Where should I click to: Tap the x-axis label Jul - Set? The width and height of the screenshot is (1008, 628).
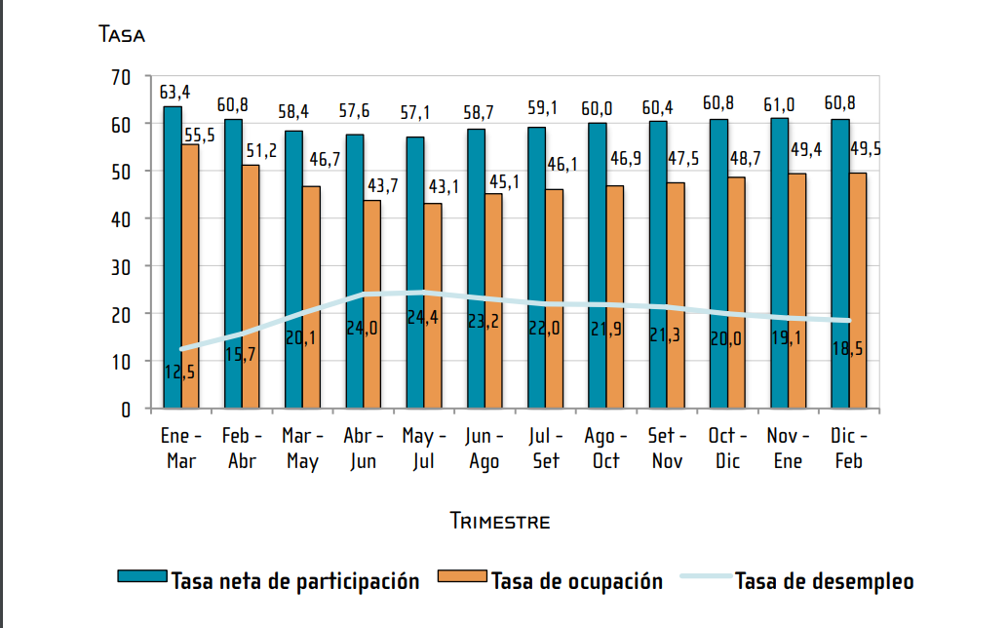[x=546, y=449]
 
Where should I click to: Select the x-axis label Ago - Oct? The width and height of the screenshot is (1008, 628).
[x=606, y=449]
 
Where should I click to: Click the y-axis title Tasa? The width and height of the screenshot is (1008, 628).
[x=122, y=35]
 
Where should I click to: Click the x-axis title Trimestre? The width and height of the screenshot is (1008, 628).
[x=500, y=521]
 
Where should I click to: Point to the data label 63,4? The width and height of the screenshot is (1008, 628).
[x=175, y=92]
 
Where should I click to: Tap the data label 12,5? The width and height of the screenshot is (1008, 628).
[x=180, y=371]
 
